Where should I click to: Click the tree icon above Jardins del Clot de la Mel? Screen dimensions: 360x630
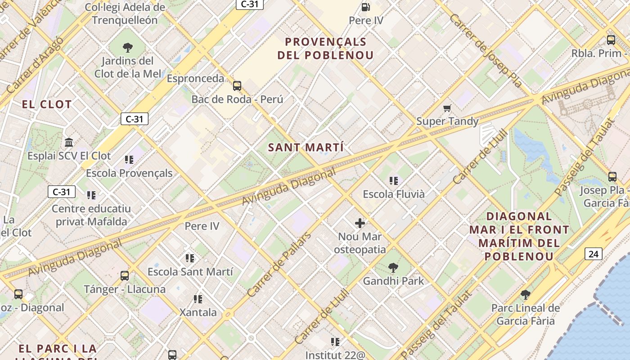tap(128, 47)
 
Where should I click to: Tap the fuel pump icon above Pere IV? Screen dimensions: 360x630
tap(366, 7)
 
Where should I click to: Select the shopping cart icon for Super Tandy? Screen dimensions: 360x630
tap(447, 108)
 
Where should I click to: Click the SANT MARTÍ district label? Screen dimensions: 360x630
tap(306, 148)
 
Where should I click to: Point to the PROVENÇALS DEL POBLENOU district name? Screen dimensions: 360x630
tap(326, 49)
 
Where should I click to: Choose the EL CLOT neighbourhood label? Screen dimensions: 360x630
tap(46, 105)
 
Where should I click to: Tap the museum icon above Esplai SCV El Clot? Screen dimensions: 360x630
tap(69, 143)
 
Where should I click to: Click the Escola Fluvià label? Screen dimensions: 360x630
tap(394, 194)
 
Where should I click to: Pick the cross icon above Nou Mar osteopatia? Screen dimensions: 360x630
tap(360, 223)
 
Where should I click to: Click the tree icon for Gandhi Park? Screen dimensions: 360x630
tap(393, 268)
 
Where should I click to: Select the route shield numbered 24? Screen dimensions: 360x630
tap(593, 254)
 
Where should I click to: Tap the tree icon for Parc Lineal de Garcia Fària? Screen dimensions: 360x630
tap(525, 295)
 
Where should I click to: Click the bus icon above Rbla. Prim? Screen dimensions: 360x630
tap(611, 40)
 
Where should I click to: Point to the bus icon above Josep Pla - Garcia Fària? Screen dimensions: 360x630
tap(612, 176)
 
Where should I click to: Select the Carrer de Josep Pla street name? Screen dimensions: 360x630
tap(486, 50)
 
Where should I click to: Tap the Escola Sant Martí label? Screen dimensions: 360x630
tap(190, 272)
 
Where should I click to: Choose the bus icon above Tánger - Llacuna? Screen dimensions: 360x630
tap(125, 276)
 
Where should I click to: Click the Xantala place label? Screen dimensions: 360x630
tap(198, 312)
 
